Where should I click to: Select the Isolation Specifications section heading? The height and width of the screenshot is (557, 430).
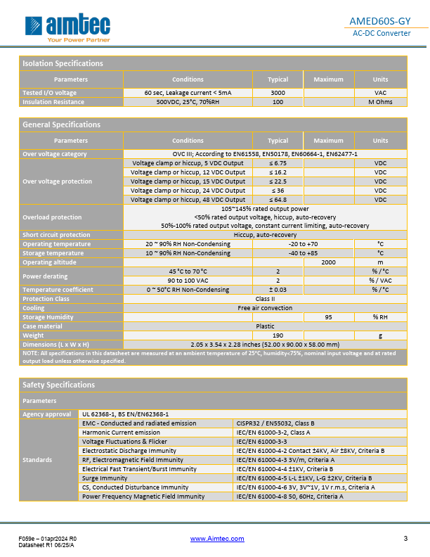(x=63, y=63)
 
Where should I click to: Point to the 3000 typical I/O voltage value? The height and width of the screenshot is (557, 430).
(x=278, y=93)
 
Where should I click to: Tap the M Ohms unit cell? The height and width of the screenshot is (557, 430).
(x=380, y=102)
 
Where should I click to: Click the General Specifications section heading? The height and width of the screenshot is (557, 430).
(x=62, y=124)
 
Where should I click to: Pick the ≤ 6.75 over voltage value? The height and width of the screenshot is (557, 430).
(x=278, y=163)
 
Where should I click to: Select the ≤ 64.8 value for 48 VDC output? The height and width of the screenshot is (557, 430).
(x=278, y=200)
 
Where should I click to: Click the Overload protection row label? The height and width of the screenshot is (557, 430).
(x=52, y=217)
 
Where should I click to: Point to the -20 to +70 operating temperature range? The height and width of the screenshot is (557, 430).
(x=303, y=244)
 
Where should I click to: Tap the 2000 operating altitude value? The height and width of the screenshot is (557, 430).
(x=328, y=262)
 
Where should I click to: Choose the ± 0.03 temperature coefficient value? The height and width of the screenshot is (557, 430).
(x=278, y=290)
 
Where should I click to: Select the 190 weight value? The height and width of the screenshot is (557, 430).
(x=278, y=335)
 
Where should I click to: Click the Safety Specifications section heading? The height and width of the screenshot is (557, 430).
(x=59, y=385)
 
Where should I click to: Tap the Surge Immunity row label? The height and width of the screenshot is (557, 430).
(x=105, y=478)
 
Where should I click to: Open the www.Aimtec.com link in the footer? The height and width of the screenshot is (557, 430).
(x=218, y=539)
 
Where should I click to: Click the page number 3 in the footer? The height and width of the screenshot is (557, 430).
(x=405, y=539)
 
